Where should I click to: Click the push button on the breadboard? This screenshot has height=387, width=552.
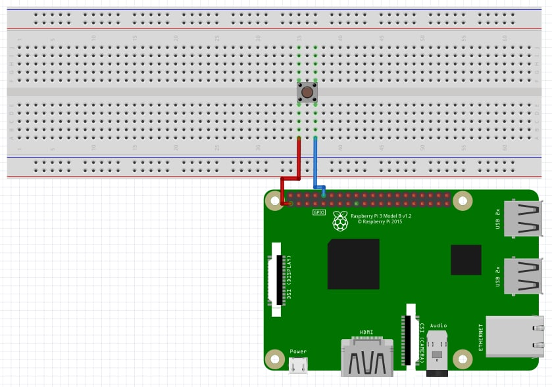click(307, 92)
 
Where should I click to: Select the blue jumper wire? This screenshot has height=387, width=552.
click(315, 164)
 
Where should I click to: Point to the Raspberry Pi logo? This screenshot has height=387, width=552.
click(340, 221)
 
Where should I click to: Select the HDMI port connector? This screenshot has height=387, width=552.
click(366, 359)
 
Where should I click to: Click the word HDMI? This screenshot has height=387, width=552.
click(366, 332)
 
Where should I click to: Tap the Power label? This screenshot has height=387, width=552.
click(298, 352)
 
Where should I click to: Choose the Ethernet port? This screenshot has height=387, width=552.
click(516, 336)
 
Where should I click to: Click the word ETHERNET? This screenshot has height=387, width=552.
click(481, 336)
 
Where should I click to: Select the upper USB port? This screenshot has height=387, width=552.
click(525, 217)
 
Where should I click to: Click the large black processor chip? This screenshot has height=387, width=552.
click(353, 263)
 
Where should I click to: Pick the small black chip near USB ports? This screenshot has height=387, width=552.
click(466, 260)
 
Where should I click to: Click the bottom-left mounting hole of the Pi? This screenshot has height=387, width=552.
click(274, 359)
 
